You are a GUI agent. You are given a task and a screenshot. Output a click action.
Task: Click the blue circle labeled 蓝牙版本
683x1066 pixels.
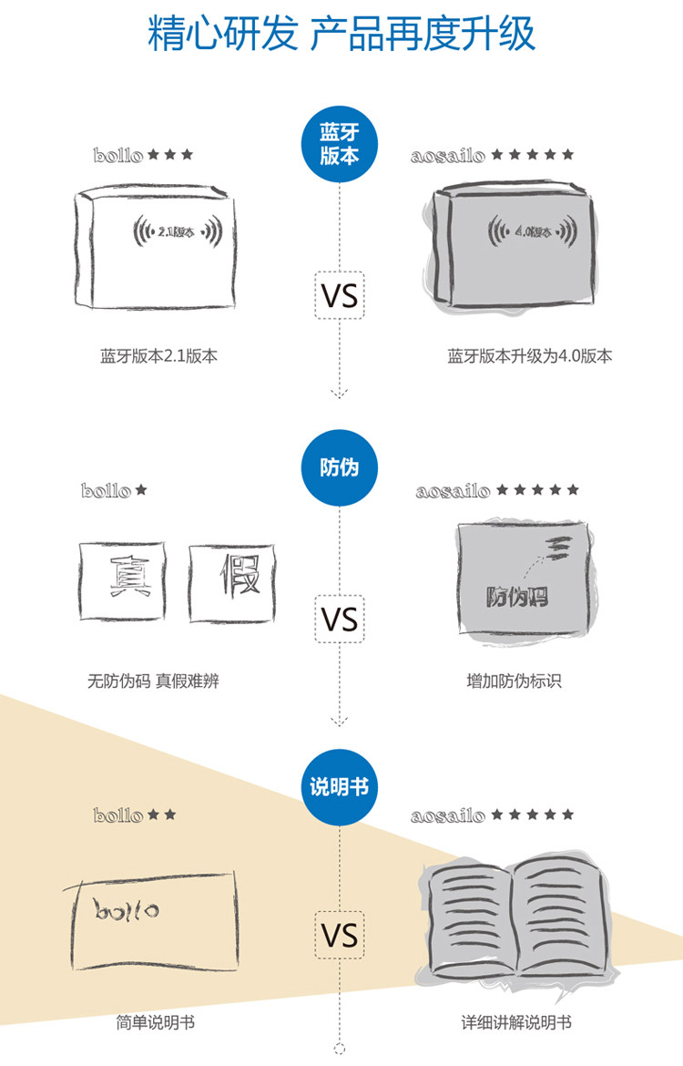click(340, 143)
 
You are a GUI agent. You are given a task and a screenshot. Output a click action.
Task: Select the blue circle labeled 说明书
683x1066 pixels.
click(340, 785)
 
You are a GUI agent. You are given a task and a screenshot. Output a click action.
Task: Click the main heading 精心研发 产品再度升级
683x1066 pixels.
click(341, 35)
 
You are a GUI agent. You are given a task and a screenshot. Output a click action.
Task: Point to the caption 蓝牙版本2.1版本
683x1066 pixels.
click(159, 356)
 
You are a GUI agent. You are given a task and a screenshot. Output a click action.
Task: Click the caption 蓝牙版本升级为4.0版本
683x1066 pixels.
click(529, 356)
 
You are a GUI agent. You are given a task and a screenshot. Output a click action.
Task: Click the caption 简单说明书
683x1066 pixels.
click(156, 1023)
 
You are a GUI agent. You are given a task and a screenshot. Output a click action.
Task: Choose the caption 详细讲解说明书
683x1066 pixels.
click(516, 1023)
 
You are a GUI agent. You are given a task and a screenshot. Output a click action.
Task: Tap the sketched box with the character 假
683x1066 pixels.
click(232, 579)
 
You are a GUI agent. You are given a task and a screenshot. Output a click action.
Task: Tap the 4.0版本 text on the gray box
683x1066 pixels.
click(535, 232)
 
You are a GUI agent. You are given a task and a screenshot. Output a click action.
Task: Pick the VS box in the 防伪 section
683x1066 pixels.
click(340, 620)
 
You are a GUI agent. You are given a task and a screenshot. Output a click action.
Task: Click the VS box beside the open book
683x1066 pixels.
click(340, 935)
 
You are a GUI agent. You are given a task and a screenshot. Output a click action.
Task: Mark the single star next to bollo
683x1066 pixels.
click(141, 490)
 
